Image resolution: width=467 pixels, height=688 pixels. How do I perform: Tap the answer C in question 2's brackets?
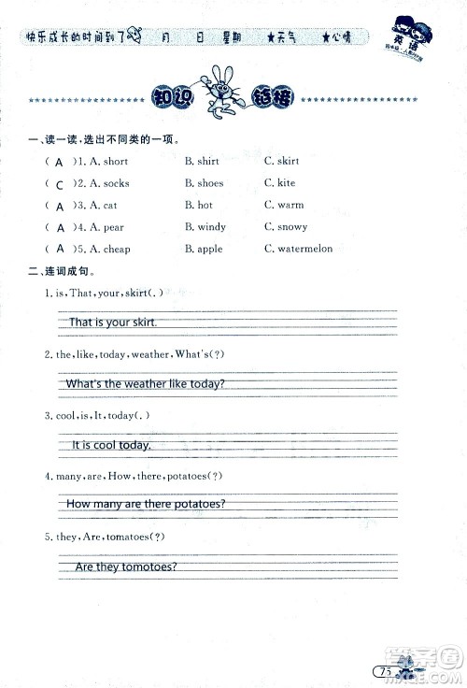pos(60,184)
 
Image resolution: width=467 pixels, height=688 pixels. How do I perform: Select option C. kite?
pos(279,183)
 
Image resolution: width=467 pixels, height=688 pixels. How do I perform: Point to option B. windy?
pos(205,227)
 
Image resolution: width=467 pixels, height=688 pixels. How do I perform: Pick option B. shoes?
pos(204,183)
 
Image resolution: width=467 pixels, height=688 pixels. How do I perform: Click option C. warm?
pos(284,205)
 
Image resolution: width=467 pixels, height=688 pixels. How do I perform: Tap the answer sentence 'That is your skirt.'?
pos(112,322)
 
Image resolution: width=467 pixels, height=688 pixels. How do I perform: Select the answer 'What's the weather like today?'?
pos(146,384)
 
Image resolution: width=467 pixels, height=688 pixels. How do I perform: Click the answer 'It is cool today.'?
pos(111,445)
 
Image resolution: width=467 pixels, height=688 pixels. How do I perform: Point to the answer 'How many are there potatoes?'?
pos(146,505)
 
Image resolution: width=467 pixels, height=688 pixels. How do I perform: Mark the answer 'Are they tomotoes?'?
pos(126,567)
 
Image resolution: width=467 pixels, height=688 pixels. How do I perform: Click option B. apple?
pos(204,249)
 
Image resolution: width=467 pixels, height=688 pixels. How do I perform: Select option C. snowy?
pos(286,227)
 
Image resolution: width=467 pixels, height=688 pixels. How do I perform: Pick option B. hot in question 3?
pos(199,205)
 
